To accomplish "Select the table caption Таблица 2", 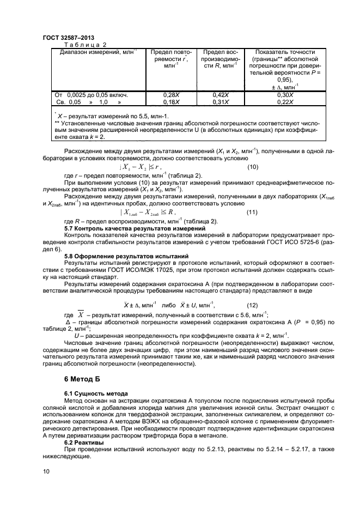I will click(85, 44).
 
